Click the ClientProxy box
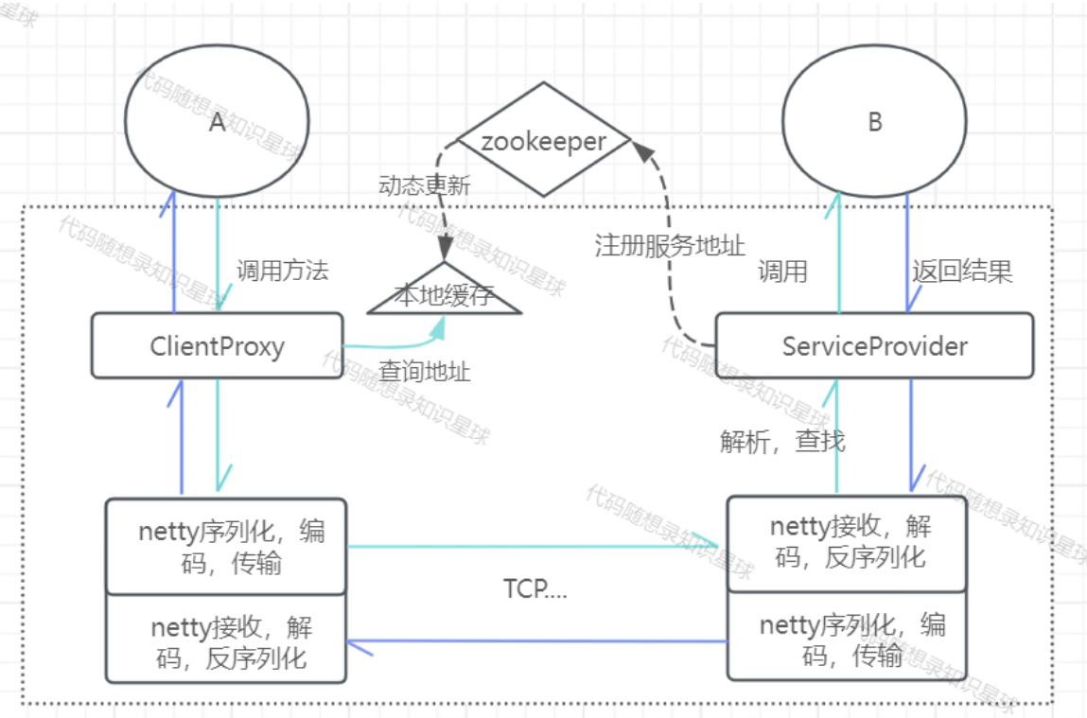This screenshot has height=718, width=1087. pyautogui.click(x=217, y=345)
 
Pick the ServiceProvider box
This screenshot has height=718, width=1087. pyautogui.click(x=874, y=345)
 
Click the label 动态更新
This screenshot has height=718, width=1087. pyautogui.click(x=424, y=185)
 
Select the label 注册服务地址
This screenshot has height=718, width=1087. pyautogui.click(x=669, y=245)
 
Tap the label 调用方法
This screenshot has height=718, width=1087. pyautogui.click(x=282, y=271)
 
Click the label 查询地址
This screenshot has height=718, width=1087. pyautogui.click(x=424, y=372)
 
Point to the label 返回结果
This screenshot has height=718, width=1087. pyautogui.click(x=962, y=271)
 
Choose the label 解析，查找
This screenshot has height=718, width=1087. pyautogui.click(x=782, y=441)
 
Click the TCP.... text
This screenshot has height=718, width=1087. pyautogui.click(x=535, y=589)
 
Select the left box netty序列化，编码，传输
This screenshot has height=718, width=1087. pyautogui.click(x=226, y=546)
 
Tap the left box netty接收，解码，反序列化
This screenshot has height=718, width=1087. pyautogui.click(x=226, y=639)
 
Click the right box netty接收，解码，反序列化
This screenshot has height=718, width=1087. pyautogui.click(x=847, y=544)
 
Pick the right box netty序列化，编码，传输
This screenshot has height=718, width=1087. pyautogui.click(x=847, y=637)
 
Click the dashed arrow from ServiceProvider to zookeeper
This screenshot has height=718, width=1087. pyautogui.click(x=669, y=250)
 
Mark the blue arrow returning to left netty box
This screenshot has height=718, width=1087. pyautogui.click(x=536, y=641)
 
